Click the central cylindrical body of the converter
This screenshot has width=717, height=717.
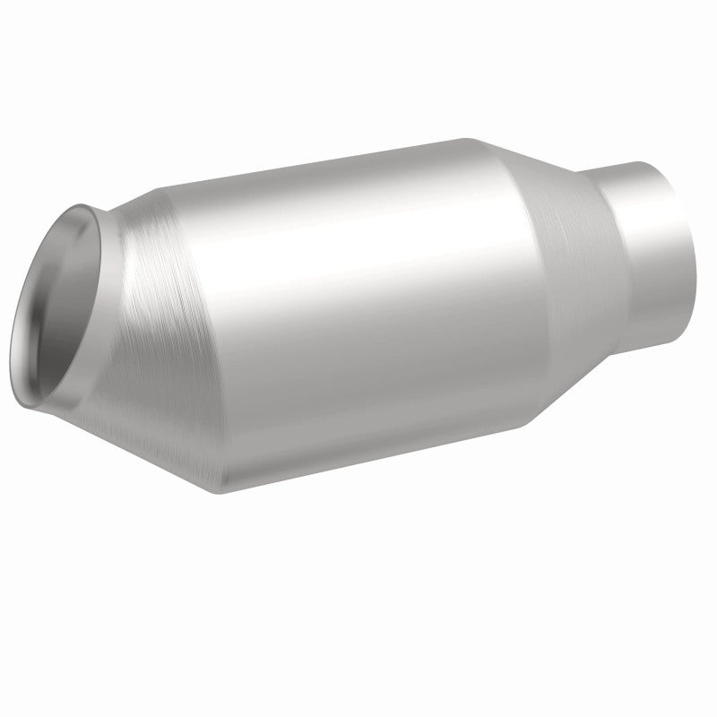tap(358, 305)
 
